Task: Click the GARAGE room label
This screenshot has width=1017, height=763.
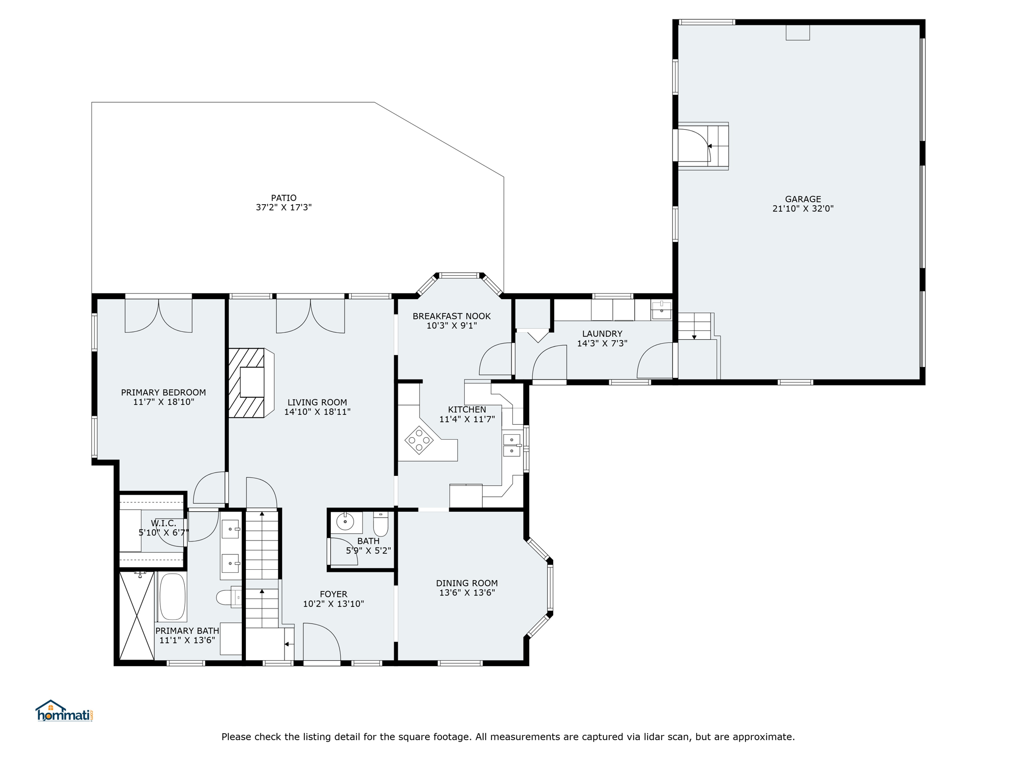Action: pos(802,199)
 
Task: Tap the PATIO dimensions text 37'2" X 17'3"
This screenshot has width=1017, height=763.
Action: pos(284,208)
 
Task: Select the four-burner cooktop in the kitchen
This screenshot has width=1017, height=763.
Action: pos(419,440)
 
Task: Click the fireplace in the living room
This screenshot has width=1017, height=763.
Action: pos(251,382)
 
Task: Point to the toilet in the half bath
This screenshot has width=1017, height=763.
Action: pos(381,524)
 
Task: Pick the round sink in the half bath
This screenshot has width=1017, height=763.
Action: pos(345,522)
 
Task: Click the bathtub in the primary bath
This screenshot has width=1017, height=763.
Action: pos(172,597)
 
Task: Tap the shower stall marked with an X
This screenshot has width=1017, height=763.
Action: pos(137,616)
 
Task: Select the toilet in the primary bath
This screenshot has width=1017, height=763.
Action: pos(229,597)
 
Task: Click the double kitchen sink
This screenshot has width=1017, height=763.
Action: pos(512,445)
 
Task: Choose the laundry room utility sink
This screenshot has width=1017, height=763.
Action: pos(661,310)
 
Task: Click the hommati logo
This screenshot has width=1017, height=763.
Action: pos(64,711)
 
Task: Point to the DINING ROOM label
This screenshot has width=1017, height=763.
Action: pos(467,583)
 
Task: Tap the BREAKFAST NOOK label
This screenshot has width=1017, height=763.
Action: pos(451,316)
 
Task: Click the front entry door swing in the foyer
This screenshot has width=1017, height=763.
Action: pos(322,642)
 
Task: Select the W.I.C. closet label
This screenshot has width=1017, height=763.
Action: pos(163,524)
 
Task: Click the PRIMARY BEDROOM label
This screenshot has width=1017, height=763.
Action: pos(163,392)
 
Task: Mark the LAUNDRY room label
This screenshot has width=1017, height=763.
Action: pos(602,334)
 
